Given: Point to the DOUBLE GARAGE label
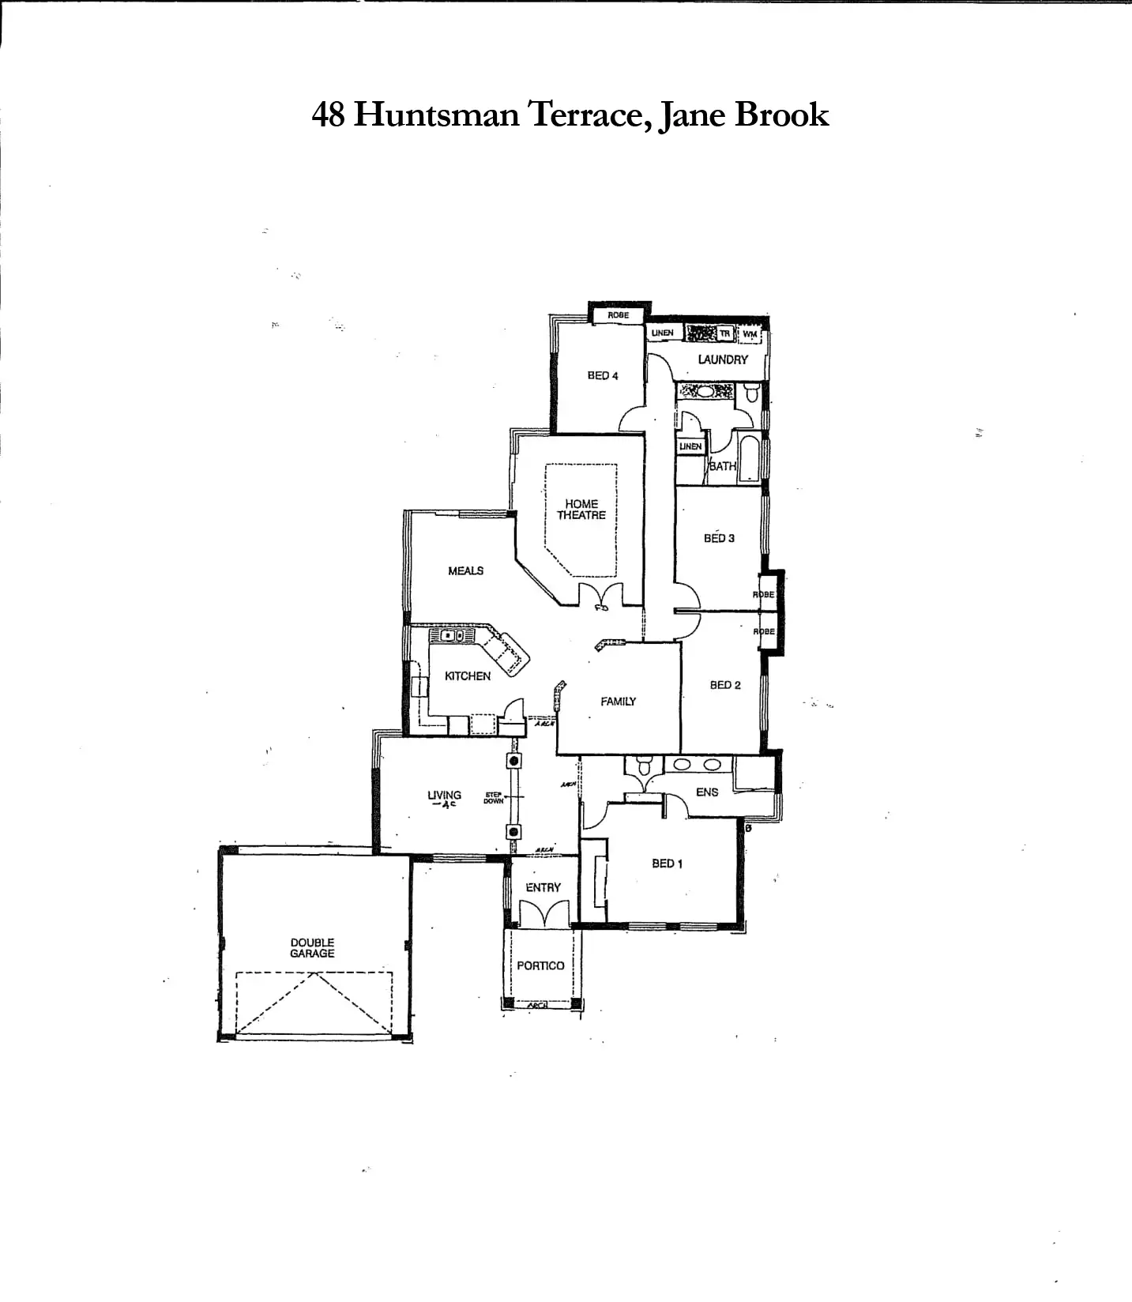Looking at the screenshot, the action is [312, 948].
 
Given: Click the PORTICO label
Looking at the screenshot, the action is [540, 965].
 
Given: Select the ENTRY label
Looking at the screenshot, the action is [543, 887].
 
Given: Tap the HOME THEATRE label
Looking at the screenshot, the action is [581, 510].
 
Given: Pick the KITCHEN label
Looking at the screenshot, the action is [468, 676].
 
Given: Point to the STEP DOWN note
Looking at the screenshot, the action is [494, 799].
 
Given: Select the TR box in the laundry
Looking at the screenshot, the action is [725, 333].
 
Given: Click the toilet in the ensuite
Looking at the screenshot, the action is [644, 766].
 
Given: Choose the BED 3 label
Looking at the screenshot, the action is [719, 538].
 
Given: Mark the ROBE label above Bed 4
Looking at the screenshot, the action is [619, 315].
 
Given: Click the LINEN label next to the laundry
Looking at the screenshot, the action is [662, 333].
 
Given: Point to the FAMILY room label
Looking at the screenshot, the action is [618, 701].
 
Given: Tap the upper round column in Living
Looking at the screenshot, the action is [514, 761].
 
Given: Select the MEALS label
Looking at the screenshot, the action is [465, 570].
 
